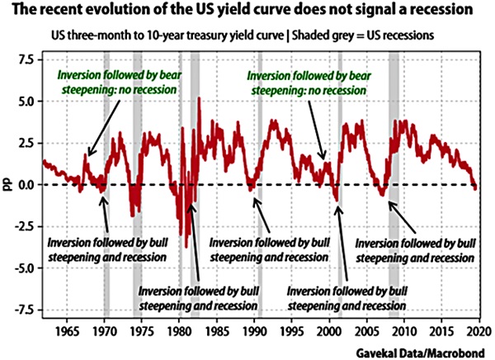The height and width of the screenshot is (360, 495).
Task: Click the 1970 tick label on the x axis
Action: click(104, 329)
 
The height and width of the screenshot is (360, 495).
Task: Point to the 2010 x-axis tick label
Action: click(403, 329)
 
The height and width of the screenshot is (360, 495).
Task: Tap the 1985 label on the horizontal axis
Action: click(216, 329)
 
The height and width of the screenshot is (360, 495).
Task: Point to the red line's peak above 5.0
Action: click(200, 100)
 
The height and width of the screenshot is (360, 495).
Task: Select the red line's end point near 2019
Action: click(477, 188)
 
